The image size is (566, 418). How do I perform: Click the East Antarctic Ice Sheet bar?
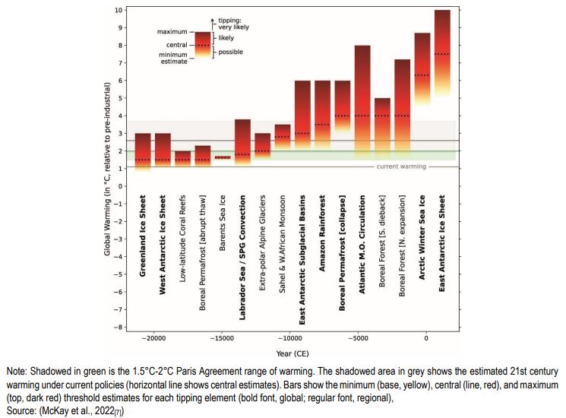click(442, 53)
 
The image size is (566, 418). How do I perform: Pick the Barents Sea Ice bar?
click(223, 157)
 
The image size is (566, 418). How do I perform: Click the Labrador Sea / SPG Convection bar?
click(242, 144)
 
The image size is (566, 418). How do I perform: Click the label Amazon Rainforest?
click(323, 227)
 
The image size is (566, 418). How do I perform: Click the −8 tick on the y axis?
click(116, 327)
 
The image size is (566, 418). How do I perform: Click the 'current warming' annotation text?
click(401, 166)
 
